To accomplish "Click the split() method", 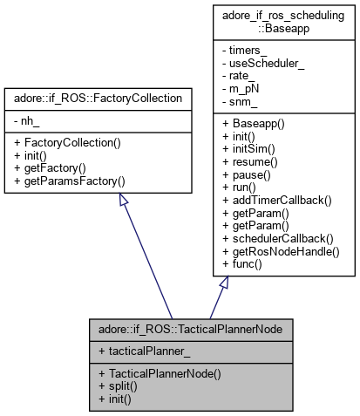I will (119, 385).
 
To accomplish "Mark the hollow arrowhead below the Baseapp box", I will (225, 283).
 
